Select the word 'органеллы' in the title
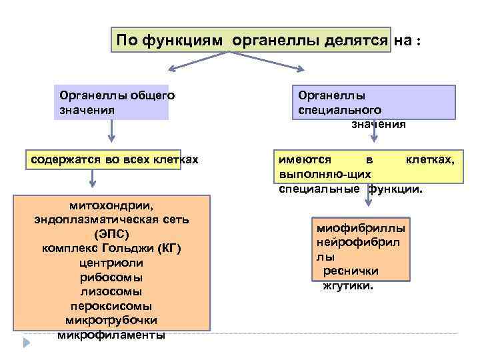pos(276,40)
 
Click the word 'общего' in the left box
pos(153,95)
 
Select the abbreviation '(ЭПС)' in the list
pos(111,234)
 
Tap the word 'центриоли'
pos(111,263)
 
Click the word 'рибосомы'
pos(111,277)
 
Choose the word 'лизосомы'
pos(111,292)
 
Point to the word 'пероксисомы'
pos(111,306)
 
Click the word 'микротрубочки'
pos(111,321)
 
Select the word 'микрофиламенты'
pos(111,335)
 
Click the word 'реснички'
pos(351,271)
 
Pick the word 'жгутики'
pos(348,285)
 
